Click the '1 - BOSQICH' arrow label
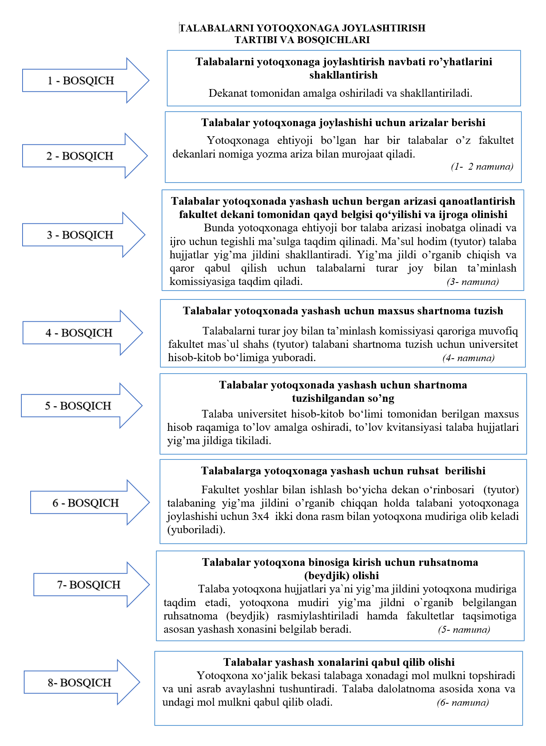pos(81,81)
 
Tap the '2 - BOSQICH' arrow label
pos(80,156)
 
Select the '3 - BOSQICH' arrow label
pos(80,235)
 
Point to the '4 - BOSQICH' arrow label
pos(79,333)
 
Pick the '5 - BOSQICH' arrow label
pos(78,406)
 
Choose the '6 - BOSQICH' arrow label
pos(85,503)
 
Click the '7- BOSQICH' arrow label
pos(89,585)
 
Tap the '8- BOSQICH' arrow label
pos(79,683)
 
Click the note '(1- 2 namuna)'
pos(482,166)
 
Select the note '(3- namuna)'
pos(473,282)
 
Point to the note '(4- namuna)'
pos(468,358)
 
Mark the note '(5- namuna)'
pos(464,630)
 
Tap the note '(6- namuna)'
pos(463,702)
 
